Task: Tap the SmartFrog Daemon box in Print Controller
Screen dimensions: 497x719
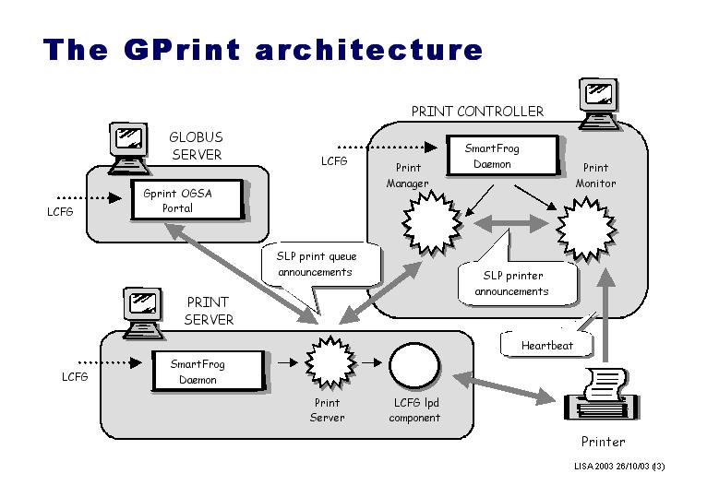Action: [503, 156]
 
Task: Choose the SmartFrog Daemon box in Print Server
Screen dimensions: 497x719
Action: [205, 371]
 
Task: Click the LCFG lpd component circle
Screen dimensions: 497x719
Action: [414, 366]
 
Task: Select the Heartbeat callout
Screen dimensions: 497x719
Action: [546, 345]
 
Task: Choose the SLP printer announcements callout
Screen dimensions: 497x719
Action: [513, 283]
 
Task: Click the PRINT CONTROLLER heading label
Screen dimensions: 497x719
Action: [477, 112]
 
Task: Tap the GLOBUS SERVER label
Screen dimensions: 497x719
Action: [196, 146]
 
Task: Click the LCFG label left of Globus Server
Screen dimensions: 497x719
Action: [61, 211]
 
